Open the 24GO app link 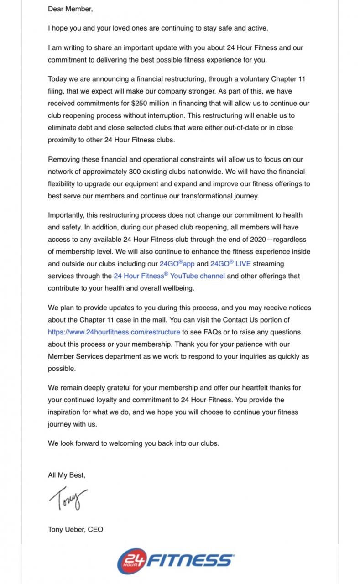(177, 264)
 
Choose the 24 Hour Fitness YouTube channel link (169, 276)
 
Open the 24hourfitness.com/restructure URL (114, 332)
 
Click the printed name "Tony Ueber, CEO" (75, 530)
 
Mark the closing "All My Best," (67, 475)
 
